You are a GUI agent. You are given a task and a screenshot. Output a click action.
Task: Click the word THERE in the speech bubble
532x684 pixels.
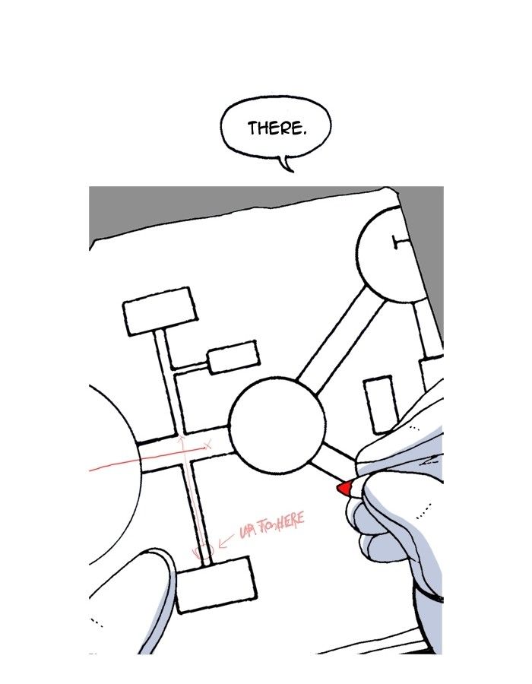[x=277, y=128]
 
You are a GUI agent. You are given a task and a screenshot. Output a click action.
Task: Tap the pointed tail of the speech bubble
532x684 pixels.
[x=287, y=163]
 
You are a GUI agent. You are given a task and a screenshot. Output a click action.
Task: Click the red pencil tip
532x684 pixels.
[x=344, y=488]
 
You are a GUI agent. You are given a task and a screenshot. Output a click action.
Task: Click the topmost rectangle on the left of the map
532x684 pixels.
[x=160, y=310]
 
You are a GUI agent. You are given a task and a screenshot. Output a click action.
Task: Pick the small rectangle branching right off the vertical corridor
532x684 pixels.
[x=233, y=357]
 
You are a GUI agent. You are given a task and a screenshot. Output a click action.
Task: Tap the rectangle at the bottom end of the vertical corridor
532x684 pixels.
[x=215, y=584]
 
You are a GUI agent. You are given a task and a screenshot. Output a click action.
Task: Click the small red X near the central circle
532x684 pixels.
[x=207, y=442]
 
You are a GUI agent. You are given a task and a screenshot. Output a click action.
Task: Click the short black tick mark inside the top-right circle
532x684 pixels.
[x=397, y=242]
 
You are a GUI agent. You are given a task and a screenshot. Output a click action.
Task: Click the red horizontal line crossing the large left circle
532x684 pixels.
[x=114, y=465]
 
